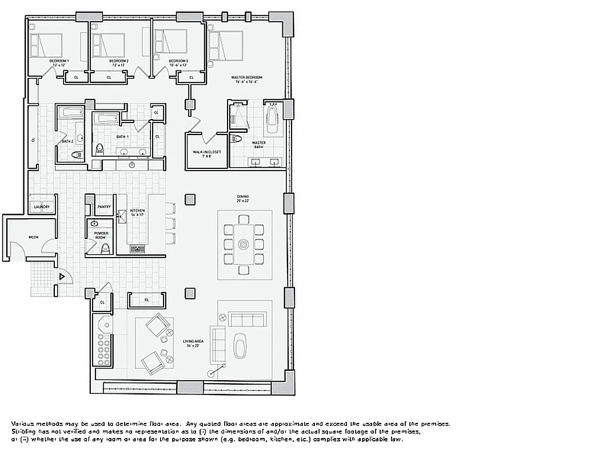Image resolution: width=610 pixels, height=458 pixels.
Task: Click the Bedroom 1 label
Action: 59,61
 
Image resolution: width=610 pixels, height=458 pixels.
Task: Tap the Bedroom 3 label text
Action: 178,61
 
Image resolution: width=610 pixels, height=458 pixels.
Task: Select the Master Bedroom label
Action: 246,77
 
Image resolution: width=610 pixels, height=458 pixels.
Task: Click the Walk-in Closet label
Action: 206,152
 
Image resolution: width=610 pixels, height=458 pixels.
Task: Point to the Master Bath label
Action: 259,144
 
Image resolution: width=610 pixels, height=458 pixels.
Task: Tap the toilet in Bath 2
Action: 77,155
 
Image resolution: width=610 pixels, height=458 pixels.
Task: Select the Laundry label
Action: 42,207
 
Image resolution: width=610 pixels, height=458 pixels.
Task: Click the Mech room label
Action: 33,236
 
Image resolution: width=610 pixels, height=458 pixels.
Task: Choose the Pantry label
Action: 104,207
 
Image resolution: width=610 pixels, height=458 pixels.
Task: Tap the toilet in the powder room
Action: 105,248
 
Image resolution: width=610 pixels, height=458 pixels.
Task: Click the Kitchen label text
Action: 137,211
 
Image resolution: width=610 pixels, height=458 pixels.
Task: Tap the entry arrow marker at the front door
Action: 62,277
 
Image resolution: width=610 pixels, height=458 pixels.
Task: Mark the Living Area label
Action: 190,343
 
